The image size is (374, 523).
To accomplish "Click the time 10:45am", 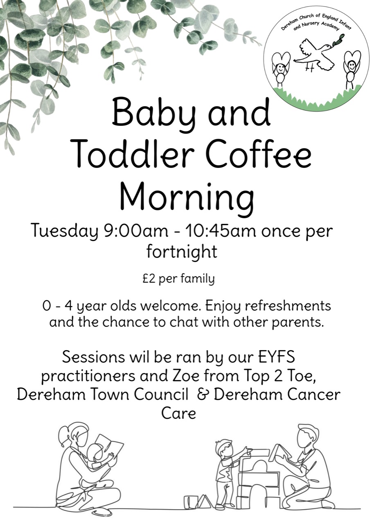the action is (223, 230).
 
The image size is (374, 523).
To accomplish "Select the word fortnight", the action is (182, 253).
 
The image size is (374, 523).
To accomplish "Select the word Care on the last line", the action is (178, 413).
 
